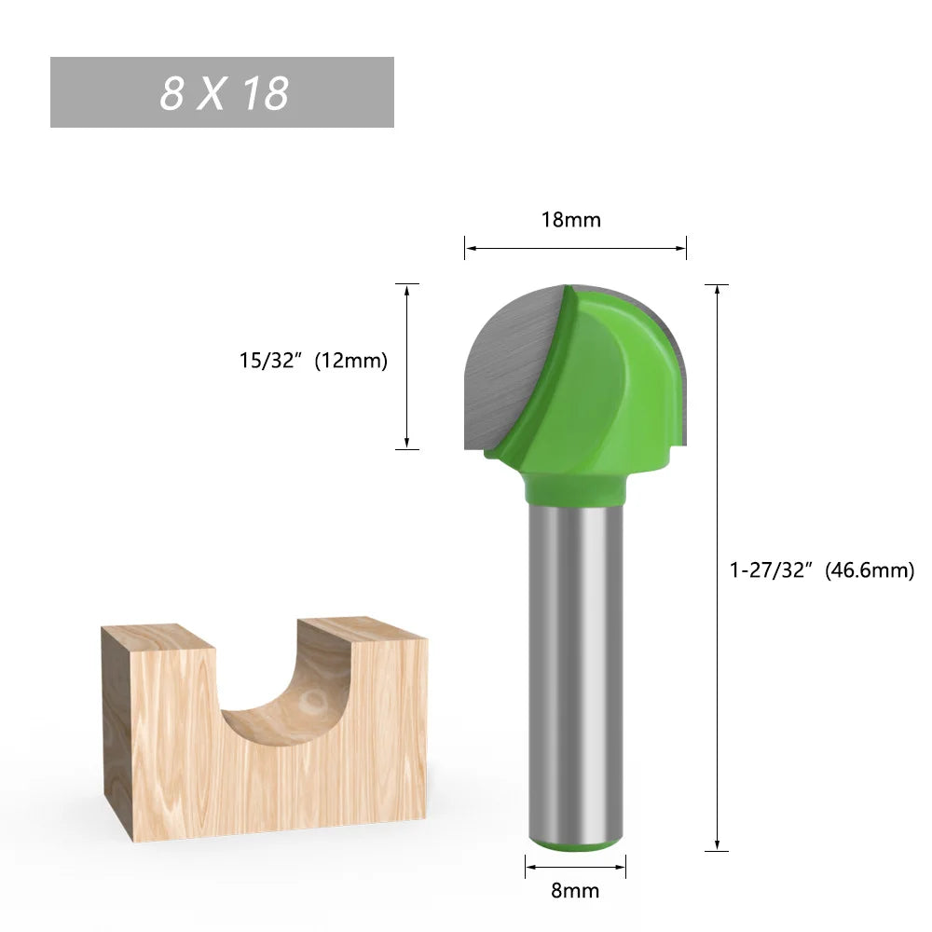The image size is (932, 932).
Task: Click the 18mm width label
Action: (571, 220)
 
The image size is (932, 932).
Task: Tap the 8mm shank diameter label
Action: (575, 890)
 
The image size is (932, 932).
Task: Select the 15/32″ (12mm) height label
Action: (312, 361)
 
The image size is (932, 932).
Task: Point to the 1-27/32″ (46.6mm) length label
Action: (821, 569)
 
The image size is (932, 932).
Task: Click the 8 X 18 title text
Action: (224, 93)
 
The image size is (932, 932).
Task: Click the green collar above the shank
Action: (574, 487)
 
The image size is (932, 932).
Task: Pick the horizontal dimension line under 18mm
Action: (575, 248)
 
